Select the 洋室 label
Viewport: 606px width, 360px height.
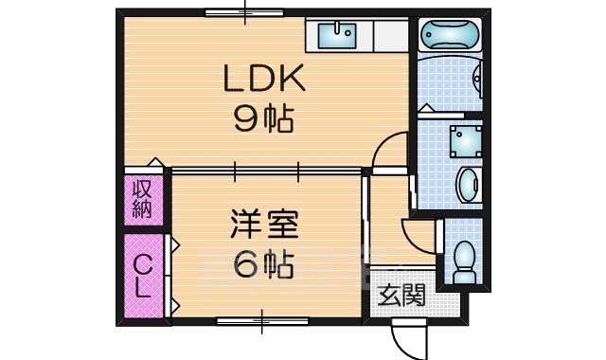[x=264, y=225]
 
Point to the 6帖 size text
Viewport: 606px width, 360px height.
[x=264, y=264]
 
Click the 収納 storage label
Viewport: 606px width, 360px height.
[x=141, y=198]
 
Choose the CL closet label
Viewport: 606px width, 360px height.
[x=140, y=276]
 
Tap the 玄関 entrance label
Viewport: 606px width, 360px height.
[x=401, y=296]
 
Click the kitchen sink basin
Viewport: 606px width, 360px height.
[x=336, y=37]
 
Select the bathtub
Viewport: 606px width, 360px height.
[x=450, y=37]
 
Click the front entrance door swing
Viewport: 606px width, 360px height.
[x=404, y=333]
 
